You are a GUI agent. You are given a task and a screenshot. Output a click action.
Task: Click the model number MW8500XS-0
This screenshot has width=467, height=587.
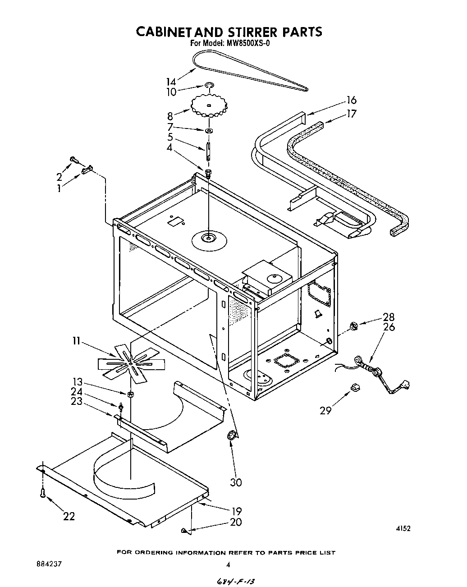tap(246, 44)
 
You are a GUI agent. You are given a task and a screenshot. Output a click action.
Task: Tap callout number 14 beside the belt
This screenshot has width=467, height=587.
tap(171, 82)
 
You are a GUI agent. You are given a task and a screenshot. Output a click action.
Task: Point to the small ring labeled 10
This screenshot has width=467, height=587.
tap(209, 85)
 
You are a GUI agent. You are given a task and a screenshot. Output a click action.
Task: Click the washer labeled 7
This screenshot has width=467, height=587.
tap(209, 131)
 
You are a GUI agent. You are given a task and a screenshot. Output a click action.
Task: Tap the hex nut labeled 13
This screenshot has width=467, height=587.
tap(130, 394)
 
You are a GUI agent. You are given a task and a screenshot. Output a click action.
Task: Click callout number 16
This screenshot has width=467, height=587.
tap(351, 100)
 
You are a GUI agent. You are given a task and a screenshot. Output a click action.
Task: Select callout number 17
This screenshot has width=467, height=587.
tap(351, 113)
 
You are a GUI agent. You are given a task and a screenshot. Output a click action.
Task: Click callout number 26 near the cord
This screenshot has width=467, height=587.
tap(389, 327)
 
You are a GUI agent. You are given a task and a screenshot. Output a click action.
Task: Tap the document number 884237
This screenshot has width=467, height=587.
tap(47, 564)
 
